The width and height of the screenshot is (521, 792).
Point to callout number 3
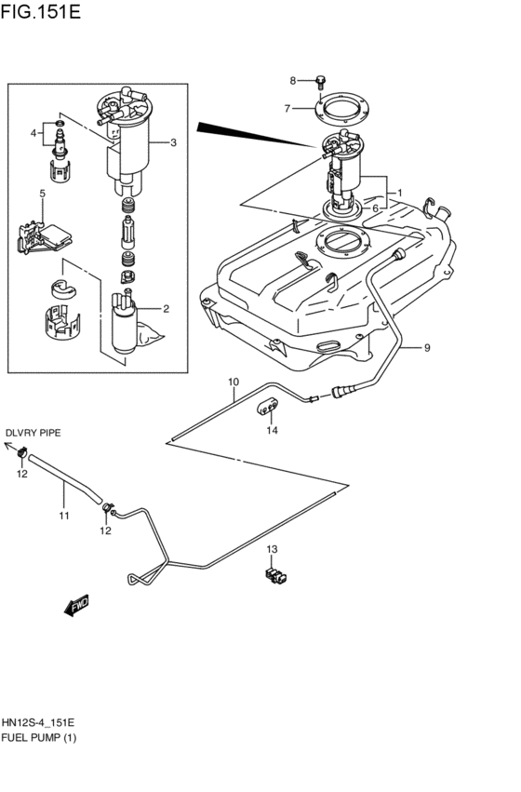pos(173,142)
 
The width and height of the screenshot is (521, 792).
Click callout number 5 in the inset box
pos(43,194)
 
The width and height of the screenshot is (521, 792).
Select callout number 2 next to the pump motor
pos(166,309)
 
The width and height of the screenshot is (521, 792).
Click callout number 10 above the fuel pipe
pos(233,382)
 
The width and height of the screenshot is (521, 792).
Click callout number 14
pos(272,430)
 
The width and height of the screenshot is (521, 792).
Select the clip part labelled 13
pos(274,576)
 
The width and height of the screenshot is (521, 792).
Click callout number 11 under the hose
pos(64,515)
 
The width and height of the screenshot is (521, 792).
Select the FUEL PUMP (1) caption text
pos(39,738)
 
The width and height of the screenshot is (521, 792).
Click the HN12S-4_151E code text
pos(38,722)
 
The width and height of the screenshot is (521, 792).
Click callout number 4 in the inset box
pos(33,133)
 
